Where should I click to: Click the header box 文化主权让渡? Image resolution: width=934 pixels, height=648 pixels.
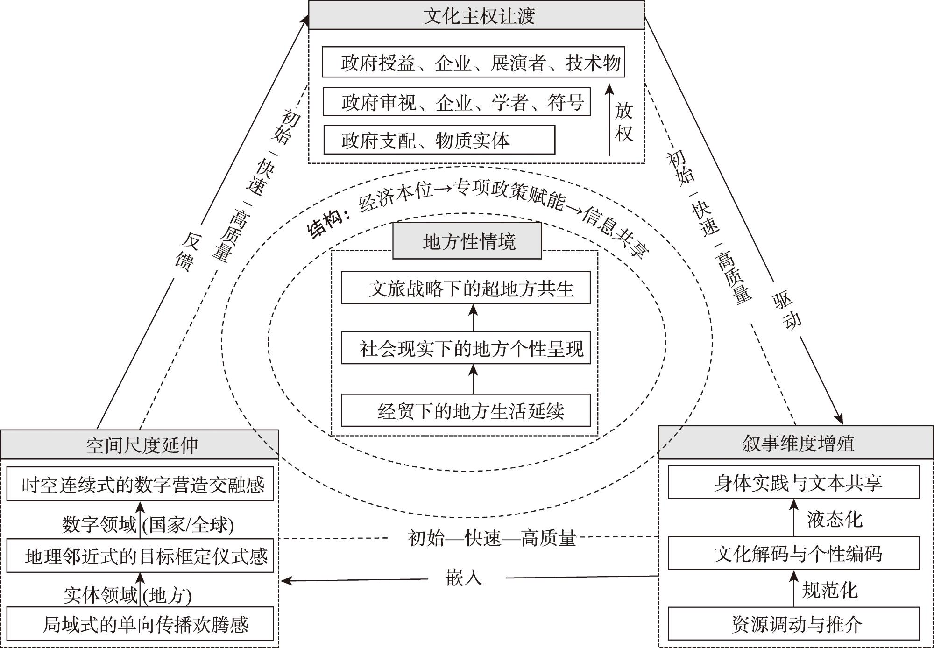(476, 15)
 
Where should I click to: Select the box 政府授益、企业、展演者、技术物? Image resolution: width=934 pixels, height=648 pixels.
(473, 62)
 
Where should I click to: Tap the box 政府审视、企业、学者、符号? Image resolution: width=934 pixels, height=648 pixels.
(457, 102)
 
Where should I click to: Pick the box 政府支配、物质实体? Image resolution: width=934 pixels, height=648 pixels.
(439, 140)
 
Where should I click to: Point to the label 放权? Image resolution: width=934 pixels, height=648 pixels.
(624, 122)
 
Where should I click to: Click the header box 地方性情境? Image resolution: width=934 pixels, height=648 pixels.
(467, 241)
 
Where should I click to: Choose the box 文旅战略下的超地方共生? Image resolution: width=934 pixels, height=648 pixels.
(466, 288)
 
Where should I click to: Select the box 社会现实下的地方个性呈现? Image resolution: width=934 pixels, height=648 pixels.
(466, 348)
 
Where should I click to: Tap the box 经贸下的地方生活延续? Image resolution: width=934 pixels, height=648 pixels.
(466, 411)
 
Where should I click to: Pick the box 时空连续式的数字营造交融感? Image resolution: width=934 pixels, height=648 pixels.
(140, 485)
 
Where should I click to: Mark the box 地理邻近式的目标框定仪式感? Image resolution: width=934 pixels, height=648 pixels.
(140, 556)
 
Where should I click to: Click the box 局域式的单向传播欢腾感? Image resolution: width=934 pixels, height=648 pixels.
(140, 624)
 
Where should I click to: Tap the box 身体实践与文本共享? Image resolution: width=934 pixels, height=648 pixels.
(793, 482)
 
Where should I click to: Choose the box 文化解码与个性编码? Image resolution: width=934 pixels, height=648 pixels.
(793, 553)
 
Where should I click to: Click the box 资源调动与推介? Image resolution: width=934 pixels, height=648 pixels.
(793, 624)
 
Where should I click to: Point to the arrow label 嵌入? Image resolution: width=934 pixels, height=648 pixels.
(463, 578)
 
